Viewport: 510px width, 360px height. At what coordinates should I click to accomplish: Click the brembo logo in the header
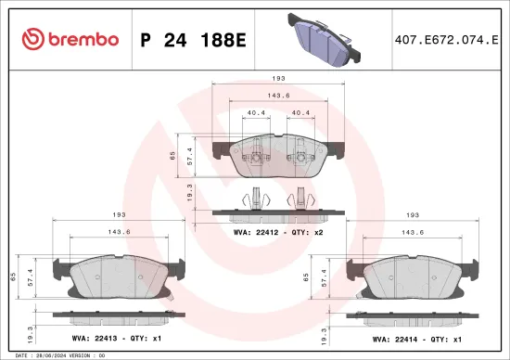70,39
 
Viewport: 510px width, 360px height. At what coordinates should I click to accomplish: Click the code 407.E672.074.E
444,40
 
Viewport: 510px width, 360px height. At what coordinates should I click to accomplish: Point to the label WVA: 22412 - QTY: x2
278,232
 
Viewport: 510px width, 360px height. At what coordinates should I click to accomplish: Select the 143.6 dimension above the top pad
276,96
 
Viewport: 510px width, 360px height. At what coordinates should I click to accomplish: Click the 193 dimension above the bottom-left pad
117,214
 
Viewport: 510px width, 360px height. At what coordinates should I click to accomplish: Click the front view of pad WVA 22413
117,276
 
